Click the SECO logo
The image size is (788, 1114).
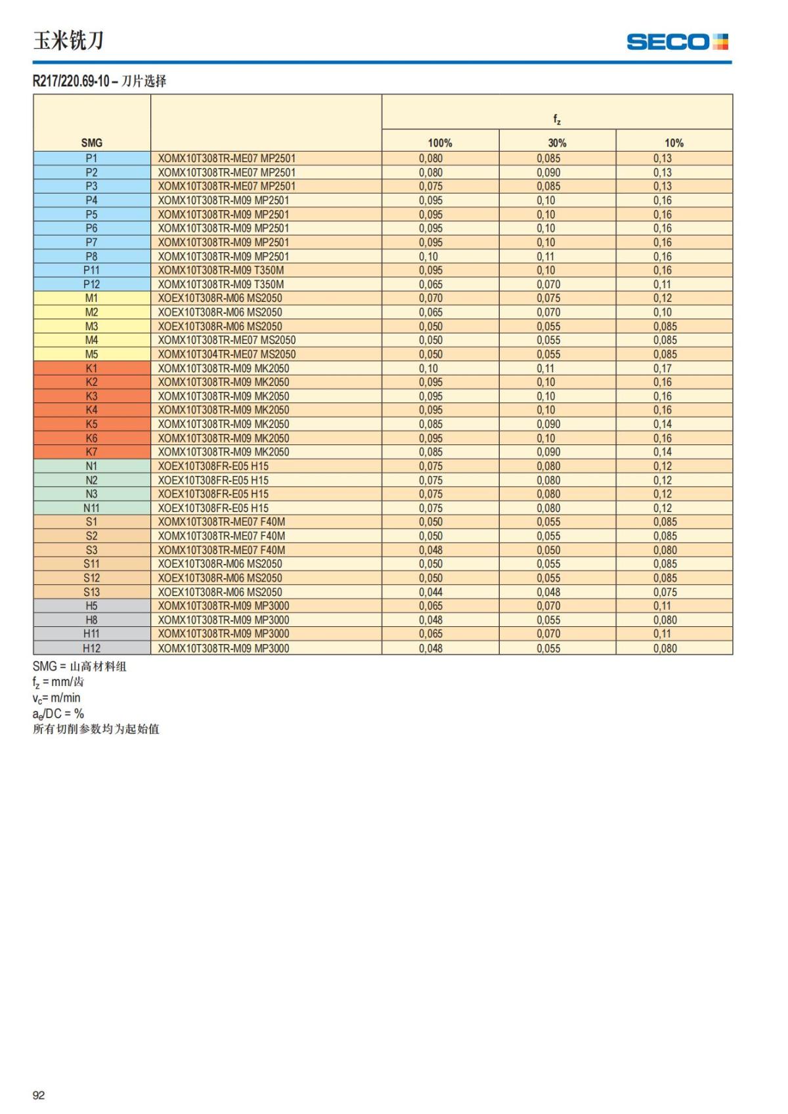pos(677,42)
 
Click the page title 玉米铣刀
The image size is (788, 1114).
pos(68,41)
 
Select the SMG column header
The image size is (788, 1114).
pos(92,142)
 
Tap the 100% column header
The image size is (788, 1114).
pos(440,142)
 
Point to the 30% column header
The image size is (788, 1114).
pos(557,142)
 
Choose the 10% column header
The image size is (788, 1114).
pos(674,142)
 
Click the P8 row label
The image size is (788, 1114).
pos(91,256)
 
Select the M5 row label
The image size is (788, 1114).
pos(91,354)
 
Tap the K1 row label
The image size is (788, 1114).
pos(91,368)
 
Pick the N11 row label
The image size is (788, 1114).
pos(91,508)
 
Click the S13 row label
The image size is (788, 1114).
pos(91,592)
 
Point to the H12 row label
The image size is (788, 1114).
pos(91,648)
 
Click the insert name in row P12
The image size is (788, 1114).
pos(221,284)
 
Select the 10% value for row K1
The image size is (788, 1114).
pos(662,368)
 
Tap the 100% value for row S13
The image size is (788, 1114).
pos(431,592)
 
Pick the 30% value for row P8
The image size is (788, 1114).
pos(546,256)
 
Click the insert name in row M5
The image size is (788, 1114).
pos(227,354)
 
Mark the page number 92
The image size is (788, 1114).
pos(39,1095)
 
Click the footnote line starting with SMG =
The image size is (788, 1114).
pos(79,666)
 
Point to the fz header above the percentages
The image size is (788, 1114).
pos(557,119)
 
